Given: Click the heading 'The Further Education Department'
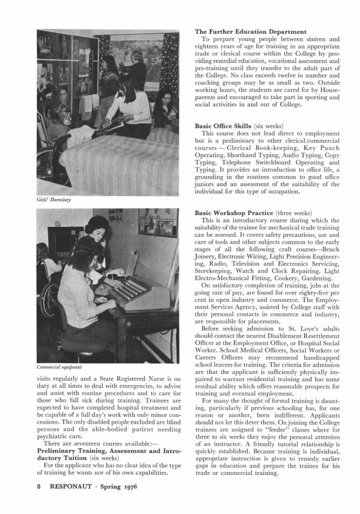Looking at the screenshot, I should tap(250, 32).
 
